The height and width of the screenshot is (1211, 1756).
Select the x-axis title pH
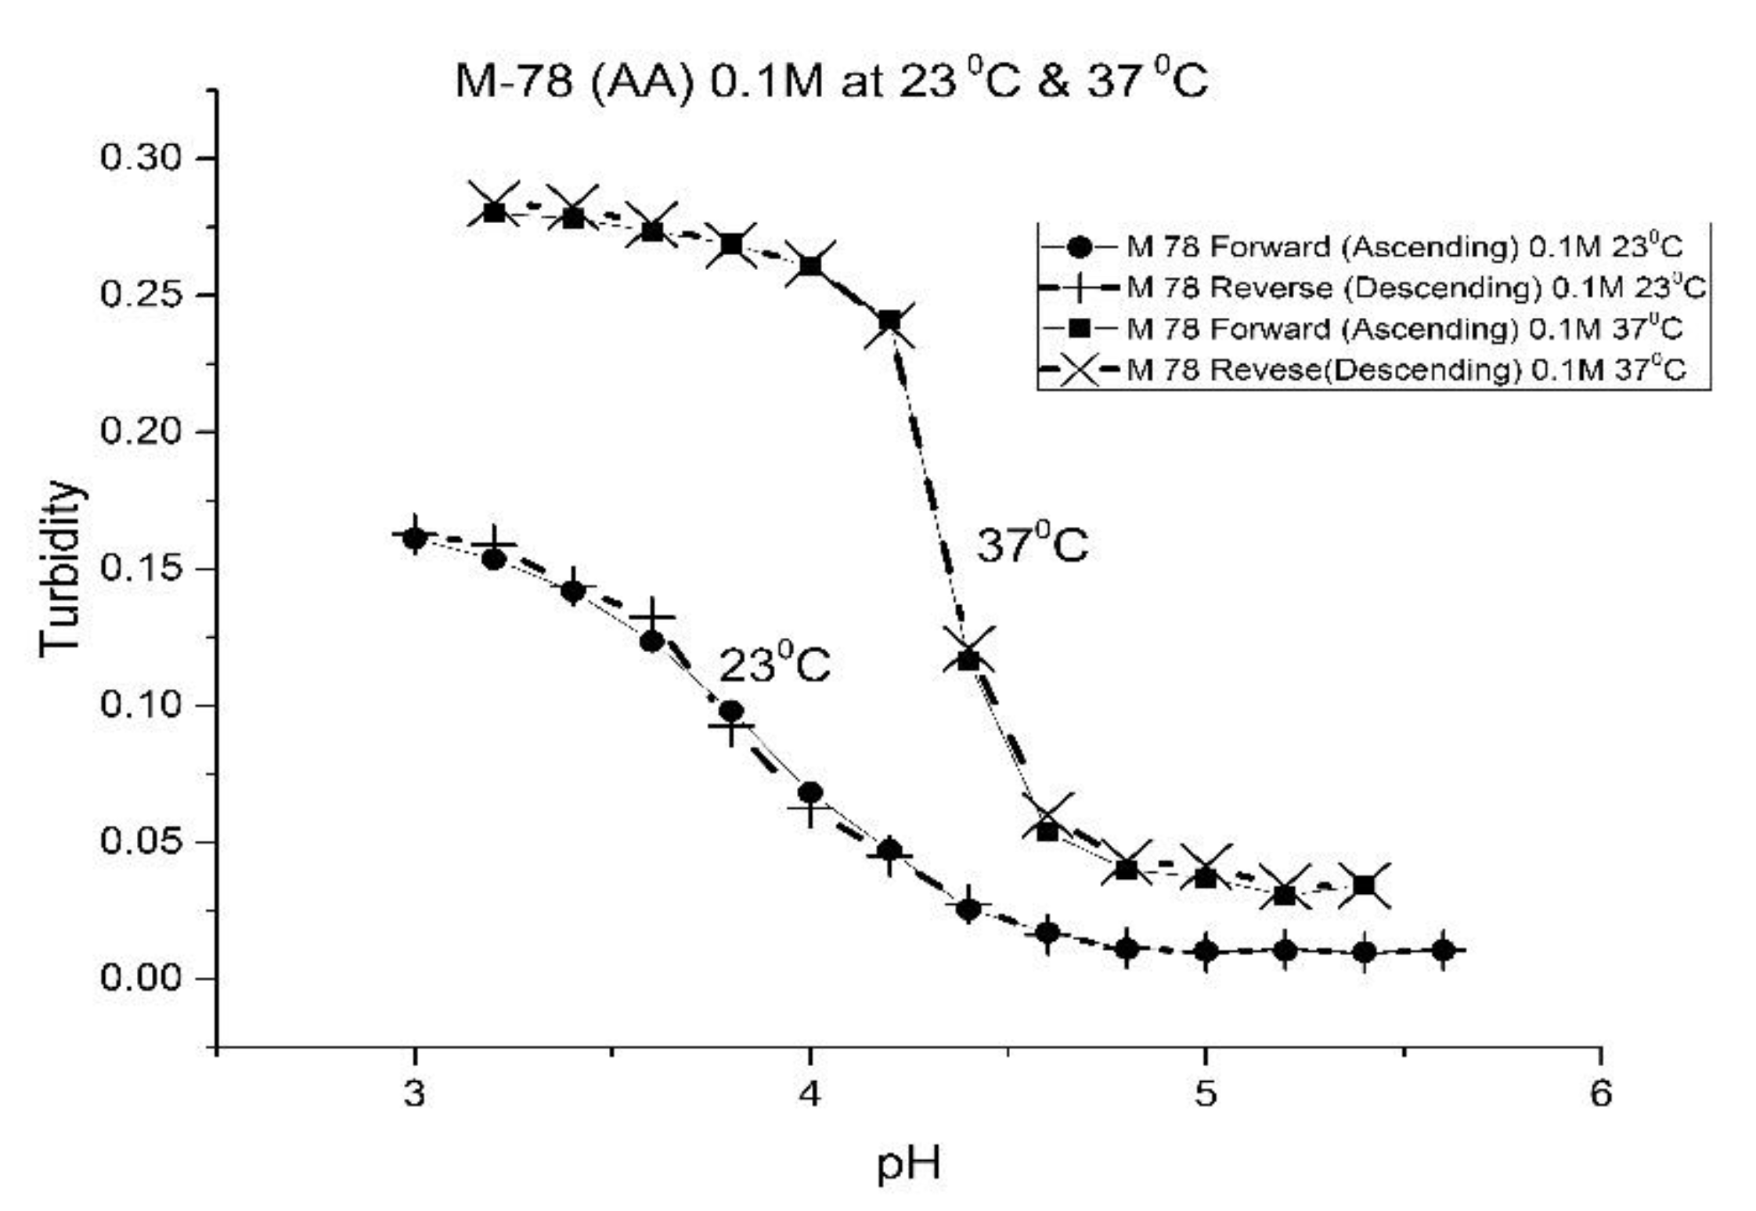coord(907,1163)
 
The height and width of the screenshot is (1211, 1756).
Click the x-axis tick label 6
coord(1600,1092)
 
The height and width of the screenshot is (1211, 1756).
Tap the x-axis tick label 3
coord(414,1092)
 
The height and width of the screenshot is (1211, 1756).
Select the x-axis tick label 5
coord(1206,1092)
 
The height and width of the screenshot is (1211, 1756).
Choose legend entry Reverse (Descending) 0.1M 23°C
coord(1414,287)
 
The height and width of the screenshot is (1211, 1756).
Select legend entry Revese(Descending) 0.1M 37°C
coord(1404,369)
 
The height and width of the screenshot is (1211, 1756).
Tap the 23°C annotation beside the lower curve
coord(773,665)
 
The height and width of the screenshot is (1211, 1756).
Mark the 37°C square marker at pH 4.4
coord(968,659)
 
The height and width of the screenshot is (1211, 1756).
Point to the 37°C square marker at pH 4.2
coord(889,321)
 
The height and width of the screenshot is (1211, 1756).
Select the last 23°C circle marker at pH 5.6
coord(1444,950)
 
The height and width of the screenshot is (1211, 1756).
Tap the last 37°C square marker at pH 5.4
coord(1364,885)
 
